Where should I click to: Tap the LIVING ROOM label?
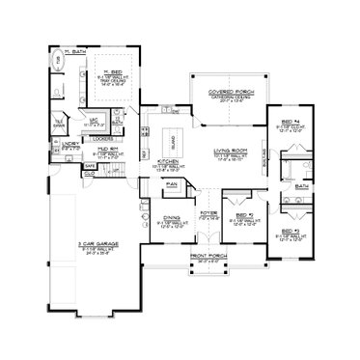tap(228, 151)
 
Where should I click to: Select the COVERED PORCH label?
tap(228, 92)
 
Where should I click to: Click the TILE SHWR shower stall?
tap(57, 125)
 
